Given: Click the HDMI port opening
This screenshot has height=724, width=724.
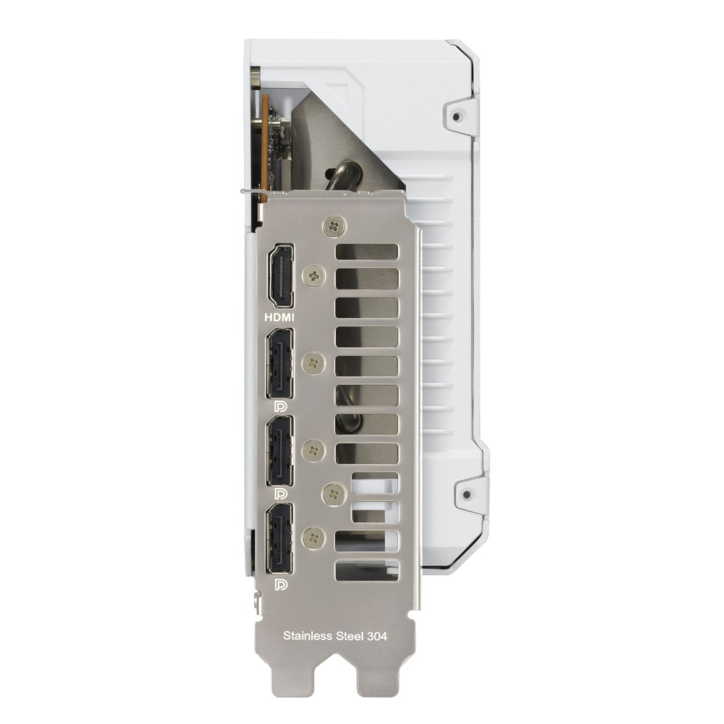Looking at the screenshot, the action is tap(280, 276).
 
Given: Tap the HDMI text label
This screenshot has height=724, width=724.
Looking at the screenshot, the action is tap(279, 317).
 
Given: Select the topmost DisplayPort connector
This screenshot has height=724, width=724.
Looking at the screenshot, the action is tap(280, 363).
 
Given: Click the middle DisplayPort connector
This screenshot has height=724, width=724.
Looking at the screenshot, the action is tap(280, 450).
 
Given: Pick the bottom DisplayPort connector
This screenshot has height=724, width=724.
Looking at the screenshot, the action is tap(280, 538).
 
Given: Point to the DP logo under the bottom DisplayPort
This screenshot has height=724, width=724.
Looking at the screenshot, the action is tap(280, 585).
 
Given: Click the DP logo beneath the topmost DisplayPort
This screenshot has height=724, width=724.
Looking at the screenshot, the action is tap(280, 406).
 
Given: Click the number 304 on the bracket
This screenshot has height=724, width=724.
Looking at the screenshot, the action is tap(377, 636).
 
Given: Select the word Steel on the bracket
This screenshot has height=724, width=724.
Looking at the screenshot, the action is tap(349, 636).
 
